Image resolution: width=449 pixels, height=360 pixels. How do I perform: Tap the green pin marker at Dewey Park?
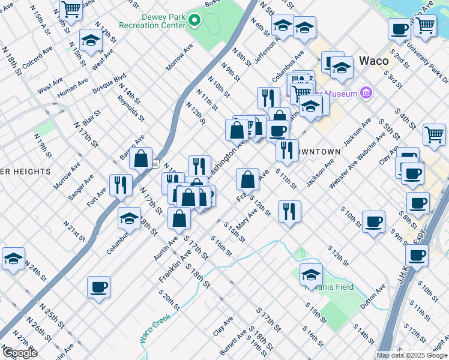pos(194,20)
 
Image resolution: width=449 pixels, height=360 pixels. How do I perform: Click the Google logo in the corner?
pos(19,353)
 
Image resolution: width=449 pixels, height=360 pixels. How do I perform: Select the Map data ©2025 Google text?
pos(412,355)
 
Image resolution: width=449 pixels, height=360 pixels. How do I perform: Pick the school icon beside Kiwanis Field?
pos(311,275)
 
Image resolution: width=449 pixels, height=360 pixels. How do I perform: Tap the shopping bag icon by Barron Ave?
pos(141,159)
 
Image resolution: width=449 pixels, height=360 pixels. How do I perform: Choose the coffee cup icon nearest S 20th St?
pos(98,287)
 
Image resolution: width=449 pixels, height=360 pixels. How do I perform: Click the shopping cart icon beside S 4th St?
pos(434,134)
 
